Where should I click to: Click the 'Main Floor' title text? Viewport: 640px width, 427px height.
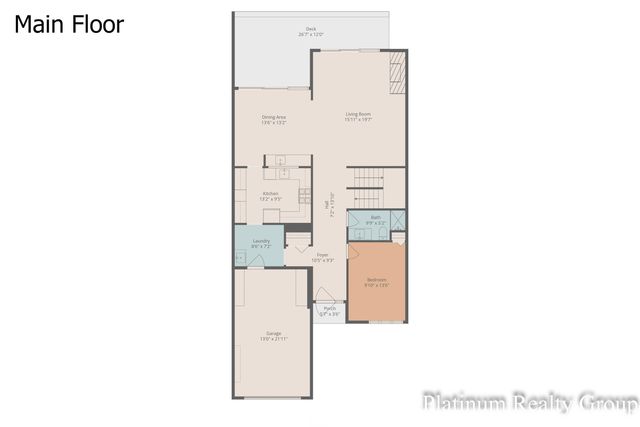(x=69, y=24)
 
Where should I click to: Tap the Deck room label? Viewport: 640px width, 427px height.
(x=311, y=31)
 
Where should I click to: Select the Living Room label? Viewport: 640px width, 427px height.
(x=359, y=116)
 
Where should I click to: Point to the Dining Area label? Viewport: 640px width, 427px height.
(x=274, y=119)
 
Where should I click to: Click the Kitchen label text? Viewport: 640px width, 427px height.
(x=270, y=196)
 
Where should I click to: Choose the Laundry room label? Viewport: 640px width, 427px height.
(x=261, y=243)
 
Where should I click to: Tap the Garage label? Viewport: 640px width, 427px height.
(x=273, y=335)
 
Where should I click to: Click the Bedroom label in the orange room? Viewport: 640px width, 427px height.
(x=376, y=282)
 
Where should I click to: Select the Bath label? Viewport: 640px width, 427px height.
(x=375, y=219)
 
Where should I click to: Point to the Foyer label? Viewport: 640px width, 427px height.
(x=323, y=257)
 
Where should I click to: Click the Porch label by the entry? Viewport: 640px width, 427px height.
(x=330, y=312)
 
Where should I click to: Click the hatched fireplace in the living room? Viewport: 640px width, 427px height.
(x=397, y=72)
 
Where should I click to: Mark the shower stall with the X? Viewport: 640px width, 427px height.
(x=398, y=220)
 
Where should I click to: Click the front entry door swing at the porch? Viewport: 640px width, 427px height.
(x=325, y=295)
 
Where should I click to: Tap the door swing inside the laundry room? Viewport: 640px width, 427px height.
(x=257, y=261)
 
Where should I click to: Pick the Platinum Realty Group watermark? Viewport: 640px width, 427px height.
(x=529, y=403)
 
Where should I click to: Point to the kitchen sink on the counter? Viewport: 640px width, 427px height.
(x=283, y=172)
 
